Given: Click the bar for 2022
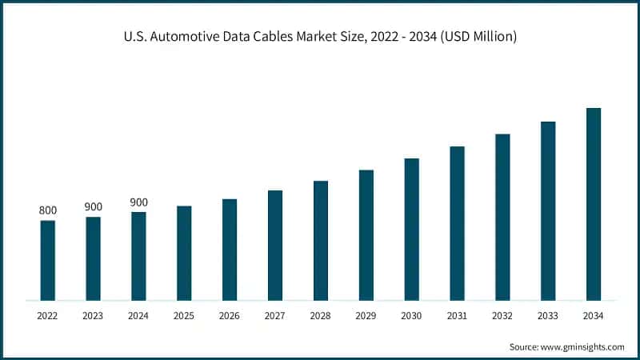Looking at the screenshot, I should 48,261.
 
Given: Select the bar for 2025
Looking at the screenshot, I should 184,254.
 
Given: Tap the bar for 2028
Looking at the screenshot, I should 321,241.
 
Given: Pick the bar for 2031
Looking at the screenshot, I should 457,224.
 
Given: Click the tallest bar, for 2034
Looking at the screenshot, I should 594,205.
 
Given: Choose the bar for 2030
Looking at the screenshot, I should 411,230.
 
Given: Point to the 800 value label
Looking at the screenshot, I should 48,210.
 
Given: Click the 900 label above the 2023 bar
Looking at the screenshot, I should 94,207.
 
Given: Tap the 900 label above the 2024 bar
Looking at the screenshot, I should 139,202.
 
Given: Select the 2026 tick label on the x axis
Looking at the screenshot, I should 230,316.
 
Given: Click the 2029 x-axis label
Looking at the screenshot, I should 366,316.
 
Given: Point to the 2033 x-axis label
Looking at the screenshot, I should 548,316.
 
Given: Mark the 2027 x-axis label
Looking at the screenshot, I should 275,316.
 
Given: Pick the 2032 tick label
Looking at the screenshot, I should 502,316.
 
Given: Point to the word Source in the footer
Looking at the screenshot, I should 525,346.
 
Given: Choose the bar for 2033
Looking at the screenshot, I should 548,211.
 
